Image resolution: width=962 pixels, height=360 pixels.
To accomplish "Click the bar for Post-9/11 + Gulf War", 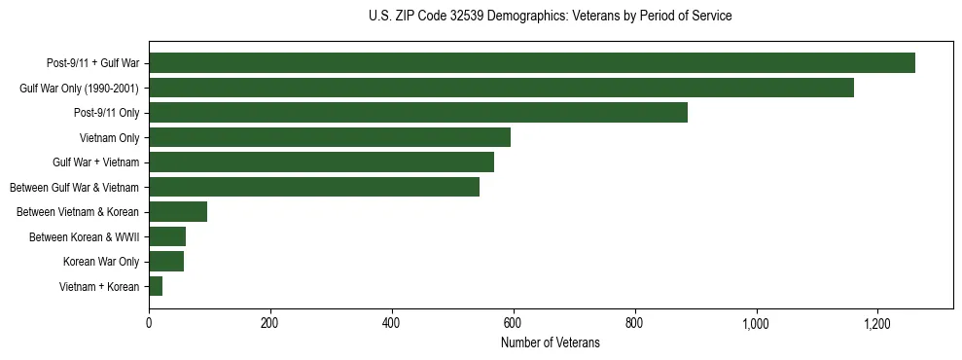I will [532, 63].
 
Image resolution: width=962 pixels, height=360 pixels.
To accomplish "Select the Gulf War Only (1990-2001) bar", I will [501, 88].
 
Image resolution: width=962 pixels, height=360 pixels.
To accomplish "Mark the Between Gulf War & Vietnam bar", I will [314, 187].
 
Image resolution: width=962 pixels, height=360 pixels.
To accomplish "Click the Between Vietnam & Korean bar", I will [178, 212].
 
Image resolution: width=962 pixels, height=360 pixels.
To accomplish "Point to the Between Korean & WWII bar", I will [167, 236].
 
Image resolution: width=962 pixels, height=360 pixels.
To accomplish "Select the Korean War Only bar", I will [166, 262].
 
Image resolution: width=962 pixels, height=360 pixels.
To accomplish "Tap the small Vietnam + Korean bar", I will [156, 286].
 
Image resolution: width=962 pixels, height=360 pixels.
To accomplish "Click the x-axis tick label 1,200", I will [877, 323].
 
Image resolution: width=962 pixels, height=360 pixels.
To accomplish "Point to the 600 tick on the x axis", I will [514, 323].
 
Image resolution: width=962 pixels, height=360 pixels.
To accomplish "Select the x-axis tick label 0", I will [149, 323].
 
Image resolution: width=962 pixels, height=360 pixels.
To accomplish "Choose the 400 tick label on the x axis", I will [392, 323].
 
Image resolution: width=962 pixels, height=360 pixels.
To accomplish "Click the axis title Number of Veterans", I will [550, 343].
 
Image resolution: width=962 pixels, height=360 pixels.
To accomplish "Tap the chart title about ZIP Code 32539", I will [550, 17].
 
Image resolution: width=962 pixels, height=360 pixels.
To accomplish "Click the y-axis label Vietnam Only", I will [110, 138].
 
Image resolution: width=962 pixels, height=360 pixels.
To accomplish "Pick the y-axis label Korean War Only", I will [102, 262].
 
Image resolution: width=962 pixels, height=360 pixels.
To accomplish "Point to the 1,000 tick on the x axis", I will [756, 323].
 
